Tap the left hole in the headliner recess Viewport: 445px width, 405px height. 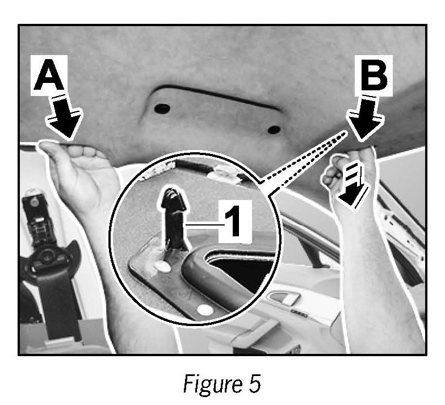(162, 107)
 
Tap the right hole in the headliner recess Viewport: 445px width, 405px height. (274, 130)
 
